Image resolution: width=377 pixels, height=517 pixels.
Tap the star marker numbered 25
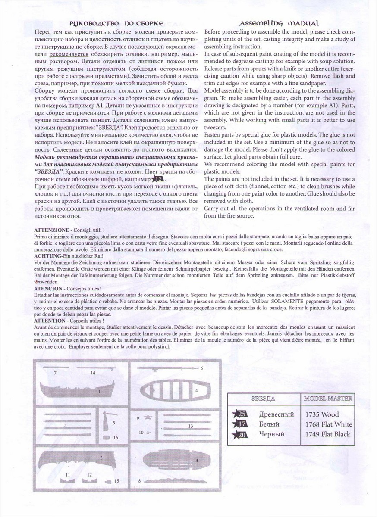[x=240, y=414]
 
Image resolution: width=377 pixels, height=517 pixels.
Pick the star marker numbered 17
[x=240, y=424]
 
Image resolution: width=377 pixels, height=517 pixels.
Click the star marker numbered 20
[x=240, y=435]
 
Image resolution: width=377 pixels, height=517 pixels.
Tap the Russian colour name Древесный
[x=276, y=414]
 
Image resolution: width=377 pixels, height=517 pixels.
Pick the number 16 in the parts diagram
[x=115, y=437]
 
